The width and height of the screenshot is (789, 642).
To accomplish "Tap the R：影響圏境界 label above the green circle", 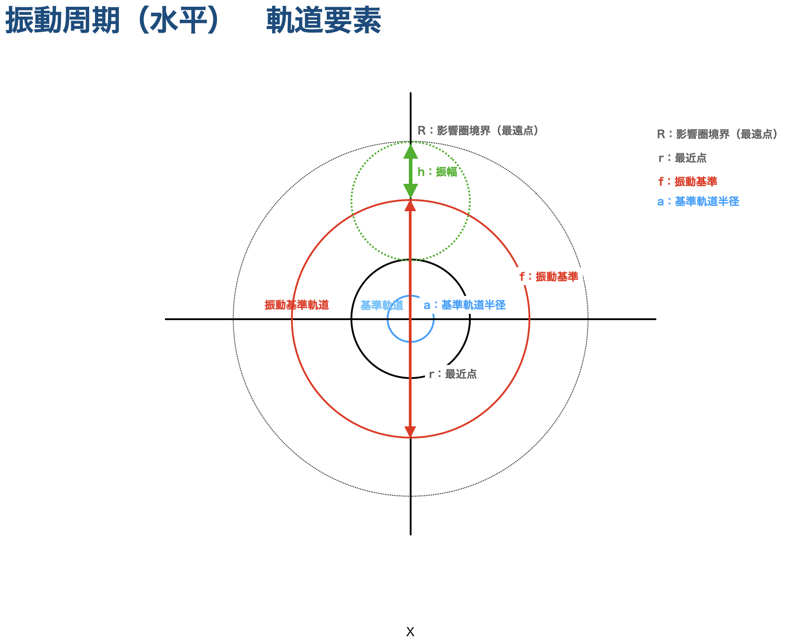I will click(481, 130).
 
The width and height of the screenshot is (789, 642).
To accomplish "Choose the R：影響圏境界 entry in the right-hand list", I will click(720, 134).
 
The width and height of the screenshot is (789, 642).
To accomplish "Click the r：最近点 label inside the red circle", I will click(453, 374).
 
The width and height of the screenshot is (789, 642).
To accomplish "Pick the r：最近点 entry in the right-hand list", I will click(682, 158).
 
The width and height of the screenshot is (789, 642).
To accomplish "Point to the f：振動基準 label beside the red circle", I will click(549, 277).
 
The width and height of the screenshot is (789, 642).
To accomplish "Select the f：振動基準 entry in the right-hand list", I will click(688, 182).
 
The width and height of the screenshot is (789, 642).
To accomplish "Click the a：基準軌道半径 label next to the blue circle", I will click(464, 305).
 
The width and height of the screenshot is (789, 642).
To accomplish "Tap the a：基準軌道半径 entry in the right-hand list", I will click(698, 201).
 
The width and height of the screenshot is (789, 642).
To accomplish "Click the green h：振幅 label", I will click(437, 172).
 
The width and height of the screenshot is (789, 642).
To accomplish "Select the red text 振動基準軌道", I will click(297, 305).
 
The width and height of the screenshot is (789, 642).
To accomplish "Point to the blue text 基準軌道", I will click(381, 305).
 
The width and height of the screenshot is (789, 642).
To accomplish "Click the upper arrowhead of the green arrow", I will click(411, 151).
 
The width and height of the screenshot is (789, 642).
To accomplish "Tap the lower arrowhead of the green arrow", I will click(411, 191).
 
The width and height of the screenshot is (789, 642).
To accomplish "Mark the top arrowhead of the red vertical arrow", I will click(410, 206).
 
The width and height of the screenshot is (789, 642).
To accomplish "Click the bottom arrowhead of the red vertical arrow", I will click(410, 432).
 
